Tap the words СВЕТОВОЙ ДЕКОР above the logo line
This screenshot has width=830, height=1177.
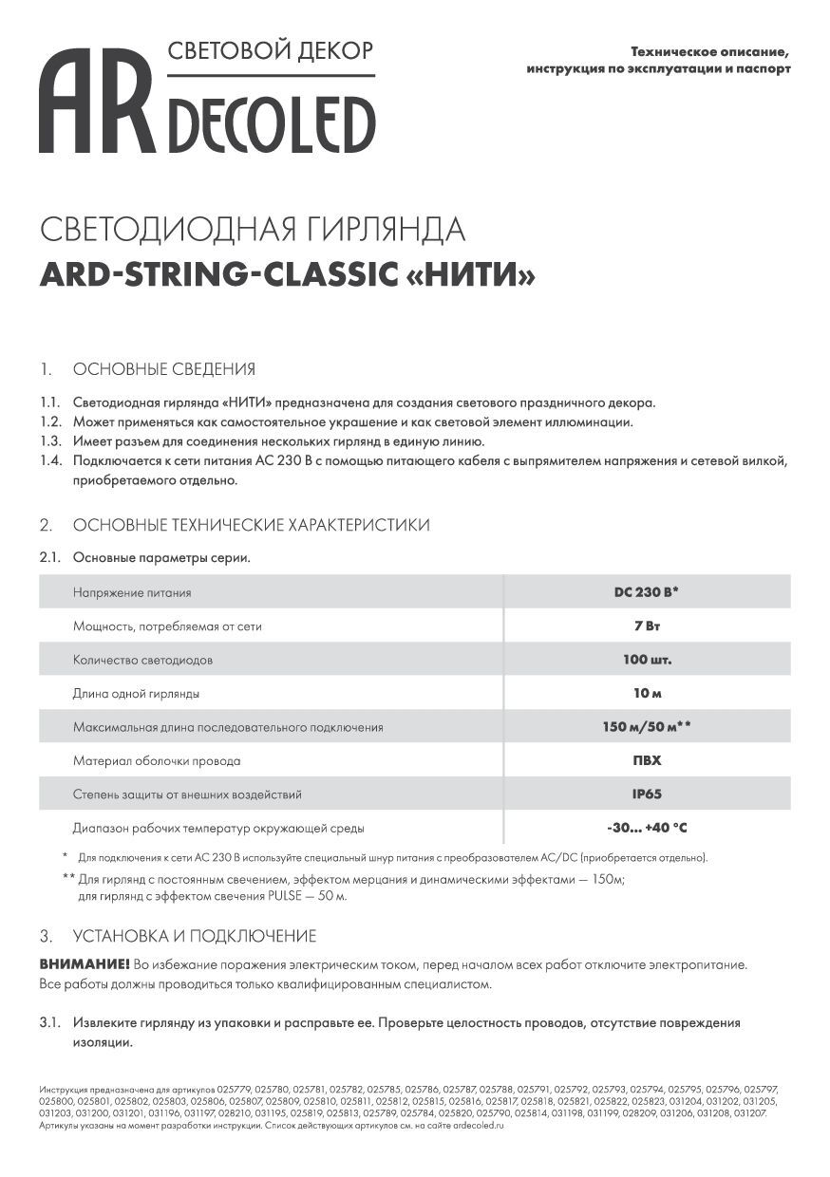[x=270, y=50]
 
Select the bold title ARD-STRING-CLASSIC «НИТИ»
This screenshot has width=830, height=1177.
[x=288, y=274]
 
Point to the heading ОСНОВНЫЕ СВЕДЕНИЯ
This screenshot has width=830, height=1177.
[x=163, y=369]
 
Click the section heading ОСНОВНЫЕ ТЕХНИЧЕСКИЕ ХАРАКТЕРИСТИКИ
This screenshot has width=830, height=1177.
[x=251, y=525]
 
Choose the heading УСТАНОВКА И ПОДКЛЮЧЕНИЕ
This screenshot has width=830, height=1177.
[x=194, y=936]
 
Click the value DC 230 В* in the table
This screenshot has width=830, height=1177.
[x=646, y=592]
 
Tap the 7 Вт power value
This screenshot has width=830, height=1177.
[x=646, y=626]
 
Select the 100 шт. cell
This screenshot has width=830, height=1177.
[x=646, y=660]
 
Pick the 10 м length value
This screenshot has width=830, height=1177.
[x=646, y=694]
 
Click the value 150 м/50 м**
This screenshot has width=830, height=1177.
[x=646, y=727]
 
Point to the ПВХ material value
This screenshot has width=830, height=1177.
[x=646, y=761]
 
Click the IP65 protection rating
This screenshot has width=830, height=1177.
[x=646, y=794]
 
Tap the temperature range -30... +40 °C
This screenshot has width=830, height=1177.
[x=646, y=829]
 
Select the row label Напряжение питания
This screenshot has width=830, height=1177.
[x=132, y=592]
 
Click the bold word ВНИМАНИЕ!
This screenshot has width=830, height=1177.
[x=85, y=964]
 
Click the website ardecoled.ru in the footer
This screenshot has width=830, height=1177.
[x=472, y=1125]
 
